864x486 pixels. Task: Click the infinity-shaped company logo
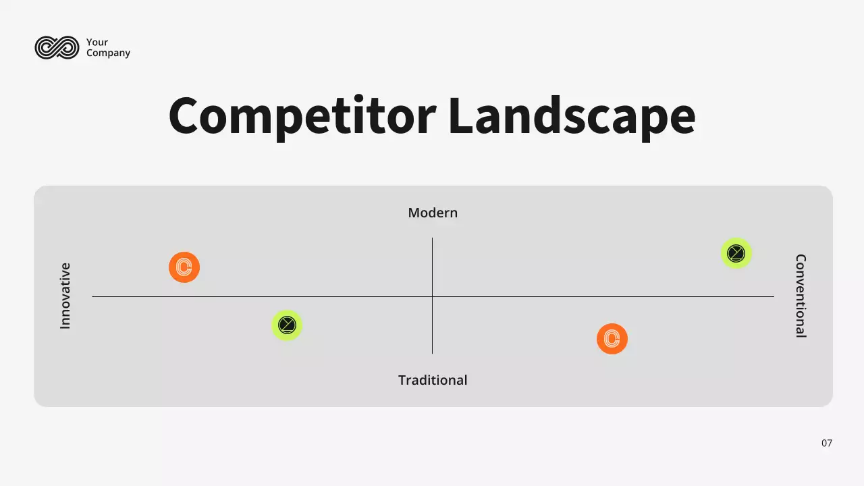tap(57, 47)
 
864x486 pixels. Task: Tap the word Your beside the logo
tap(97, 43)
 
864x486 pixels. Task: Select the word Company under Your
tap(108, 53)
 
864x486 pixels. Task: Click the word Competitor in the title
tap(302, 115)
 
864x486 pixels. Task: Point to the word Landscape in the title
tap(571, 115)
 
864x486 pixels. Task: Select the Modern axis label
tap(433, 213)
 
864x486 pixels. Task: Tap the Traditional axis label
tap(433, 380)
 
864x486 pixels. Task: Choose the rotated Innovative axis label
tap(65, 296)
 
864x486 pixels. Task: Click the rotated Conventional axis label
tap(801, 296)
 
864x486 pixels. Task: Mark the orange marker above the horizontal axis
tap(184, 267)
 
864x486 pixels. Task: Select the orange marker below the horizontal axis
tap(612, 339)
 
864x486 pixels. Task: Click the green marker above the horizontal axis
tap(736, 253)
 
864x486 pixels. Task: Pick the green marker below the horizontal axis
tap(287, 325)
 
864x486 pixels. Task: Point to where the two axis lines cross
tap(433, 296)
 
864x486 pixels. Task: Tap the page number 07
tap(827, 443)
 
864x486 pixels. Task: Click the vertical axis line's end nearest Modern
tap(433, 239)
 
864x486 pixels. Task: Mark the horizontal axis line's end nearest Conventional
tap(773, 296)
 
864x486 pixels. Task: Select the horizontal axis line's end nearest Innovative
tap(93, 296)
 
